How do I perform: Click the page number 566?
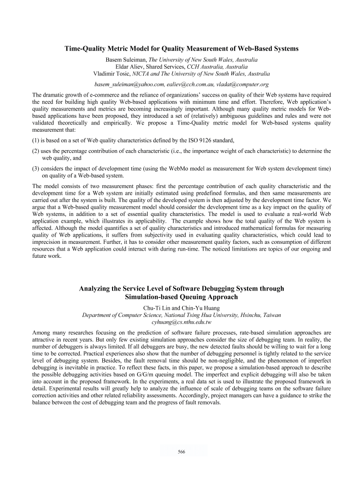pyautogui.click(x=181, y=452)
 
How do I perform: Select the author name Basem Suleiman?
pyautogui.click(x=126, y=60)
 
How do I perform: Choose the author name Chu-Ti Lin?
pyautogui.click(x=158, y=308)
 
